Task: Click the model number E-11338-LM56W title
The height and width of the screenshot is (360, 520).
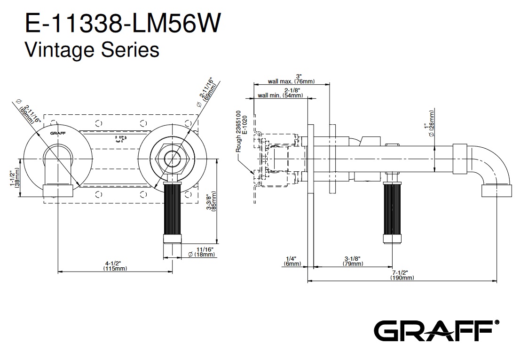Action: click(x=122, y=23)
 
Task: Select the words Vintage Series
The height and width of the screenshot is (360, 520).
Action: click(x=92, y=50)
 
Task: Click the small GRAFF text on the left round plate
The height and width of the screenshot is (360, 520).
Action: click(x=58, y=133)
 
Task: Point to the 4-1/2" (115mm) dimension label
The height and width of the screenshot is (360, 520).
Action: click(x=115, y=266)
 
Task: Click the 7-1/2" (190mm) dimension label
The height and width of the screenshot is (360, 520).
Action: click(x=402, y=275)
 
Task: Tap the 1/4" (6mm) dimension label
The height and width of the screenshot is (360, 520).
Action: click(x=292, y=261)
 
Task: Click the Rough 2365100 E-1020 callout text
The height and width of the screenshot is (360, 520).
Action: click(x=242, y=132)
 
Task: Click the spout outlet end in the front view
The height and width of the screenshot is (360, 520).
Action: click(x=58, y=191)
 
